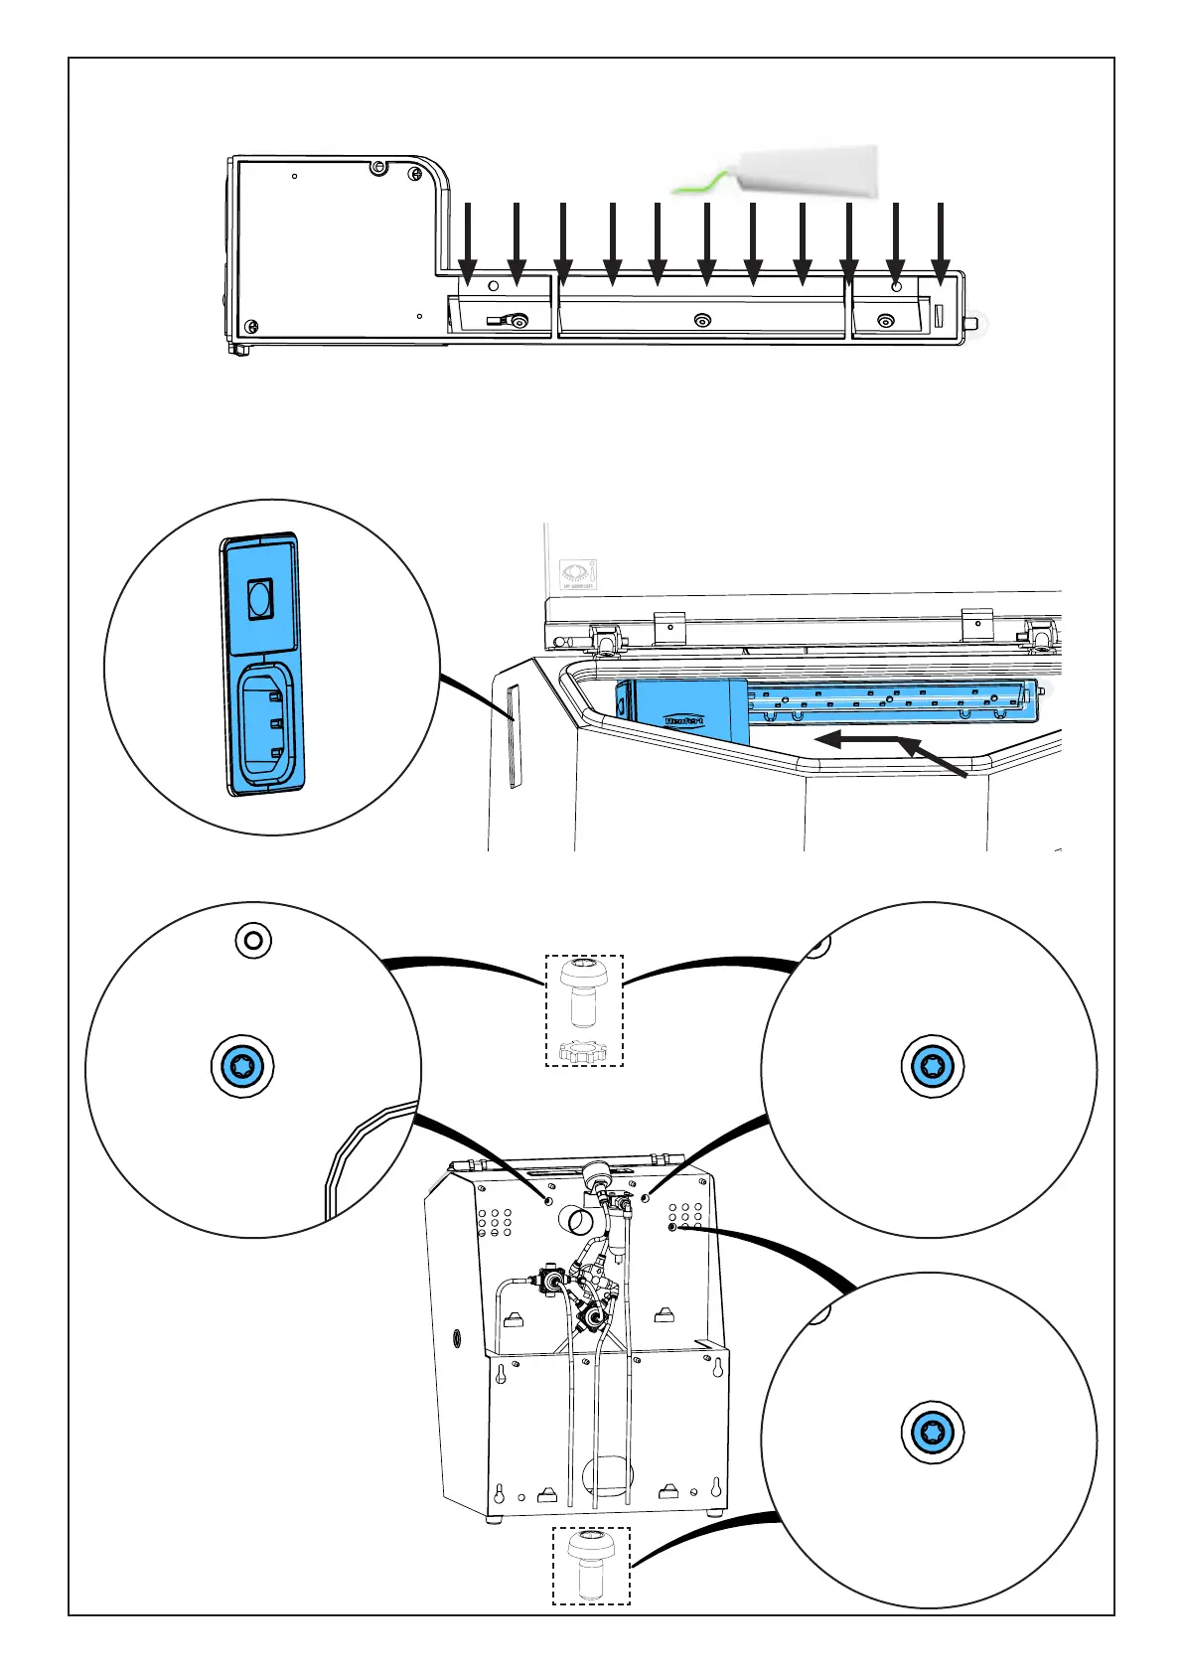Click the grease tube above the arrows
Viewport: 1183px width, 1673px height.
(x=810, y=168)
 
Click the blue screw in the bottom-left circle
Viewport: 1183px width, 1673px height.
(x=242, y=1068)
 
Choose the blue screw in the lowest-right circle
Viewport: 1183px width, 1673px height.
(x=933, y=1432)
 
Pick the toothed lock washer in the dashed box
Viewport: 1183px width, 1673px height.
(x=584, y=1051)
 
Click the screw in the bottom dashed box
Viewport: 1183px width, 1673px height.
(x=591, y=1564)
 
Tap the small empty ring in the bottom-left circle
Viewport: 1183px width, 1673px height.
(x=252, y=939)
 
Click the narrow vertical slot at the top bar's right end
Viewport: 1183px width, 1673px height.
(x=939, y=315)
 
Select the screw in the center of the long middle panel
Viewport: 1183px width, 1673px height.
(x=702, y=320)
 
